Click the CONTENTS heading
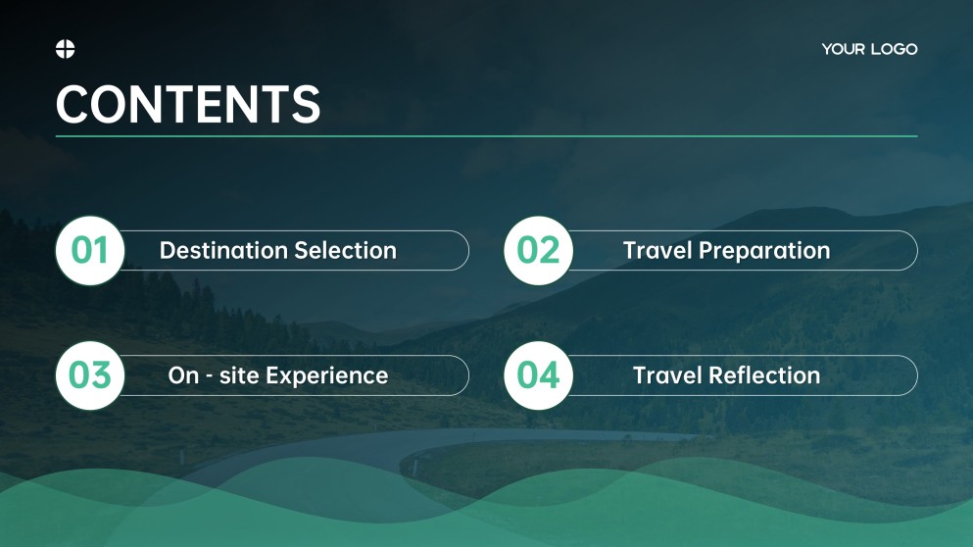click(x=188, y=104)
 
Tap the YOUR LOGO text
click(x=869, y=49)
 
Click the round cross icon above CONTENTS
click(x=66, y=49)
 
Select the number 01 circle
click(x=89, y=251)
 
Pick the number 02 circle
click(x=538, y=251)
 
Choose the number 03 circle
click(x=89, y=375)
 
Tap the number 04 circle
click(x=538, y=375)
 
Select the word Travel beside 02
click(x=657, y=251)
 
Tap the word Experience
click(x=327, y=375)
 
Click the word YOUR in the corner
click(x=842, y=49)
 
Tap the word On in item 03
click(x=183, y=375)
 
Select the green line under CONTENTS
click(x=486, y=136)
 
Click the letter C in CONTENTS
click(x=73, y=104)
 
